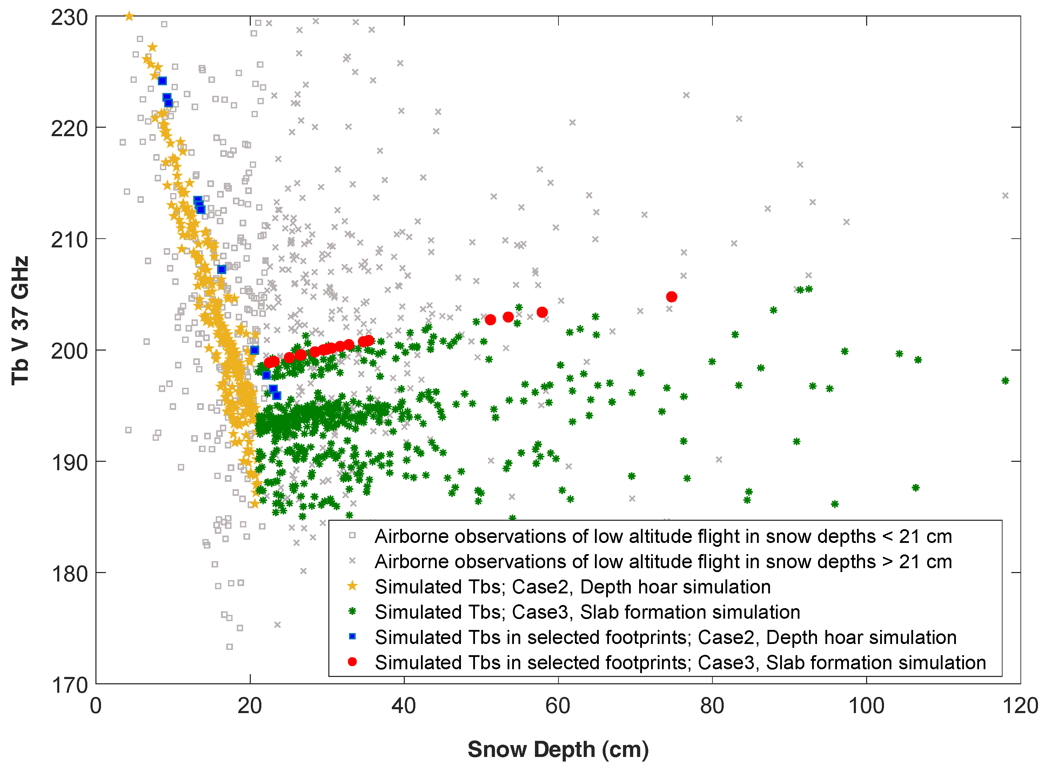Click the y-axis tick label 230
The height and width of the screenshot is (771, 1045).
pyautogui.click(x=69, y=18)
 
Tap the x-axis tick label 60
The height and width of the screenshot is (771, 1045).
pyautogui.click(x=558, y=706)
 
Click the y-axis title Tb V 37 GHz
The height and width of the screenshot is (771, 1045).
pyautogui.click(x=21, y=321)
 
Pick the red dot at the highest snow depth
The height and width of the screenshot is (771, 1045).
pyautogui.click(x=672, y=297)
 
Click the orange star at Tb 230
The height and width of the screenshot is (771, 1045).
pyautogui.click(x=129, y=17)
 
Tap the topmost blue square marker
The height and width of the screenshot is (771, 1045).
pyautogui.click(x=162, y=81)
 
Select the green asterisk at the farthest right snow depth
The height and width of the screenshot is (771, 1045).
pyautogui.click(x=1005, y=381)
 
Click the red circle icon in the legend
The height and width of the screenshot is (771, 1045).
pyautogui.click(x=353, y=662)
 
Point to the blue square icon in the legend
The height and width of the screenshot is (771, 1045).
pyautogui.click(x=353, y=637)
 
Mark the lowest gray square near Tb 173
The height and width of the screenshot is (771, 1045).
pyautogui.click(x=229, y=647)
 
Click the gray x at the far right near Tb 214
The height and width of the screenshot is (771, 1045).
pyautogui.click(x=1005, y=195)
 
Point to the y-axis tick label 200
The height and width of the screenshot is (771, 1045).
pyautogui.click(x=69, y=351)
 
